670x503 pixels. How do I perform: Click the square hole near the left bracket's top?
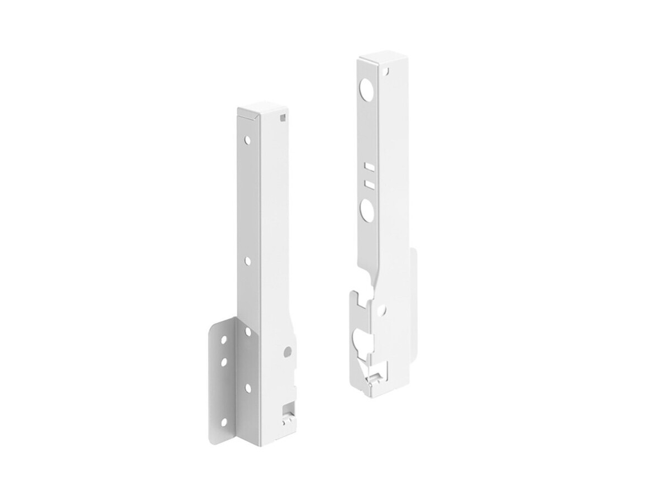[284, 117]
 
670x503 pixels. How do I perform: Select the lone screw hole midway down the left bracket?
[246, 260]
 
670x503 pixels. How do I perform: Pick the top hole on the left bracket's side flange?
[224, 339]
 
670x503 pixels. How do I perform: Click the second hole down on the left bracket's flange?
[223, 362]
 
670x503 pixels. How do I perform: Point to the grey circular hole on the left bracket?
[287, 352]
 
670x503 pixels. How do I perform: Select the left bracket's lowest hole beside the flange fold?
[246, 387]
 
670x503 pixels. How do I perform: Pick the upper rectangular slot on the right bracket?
[368, 167]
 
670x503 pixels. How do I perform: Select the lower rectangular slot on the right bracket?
[367, 183]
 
